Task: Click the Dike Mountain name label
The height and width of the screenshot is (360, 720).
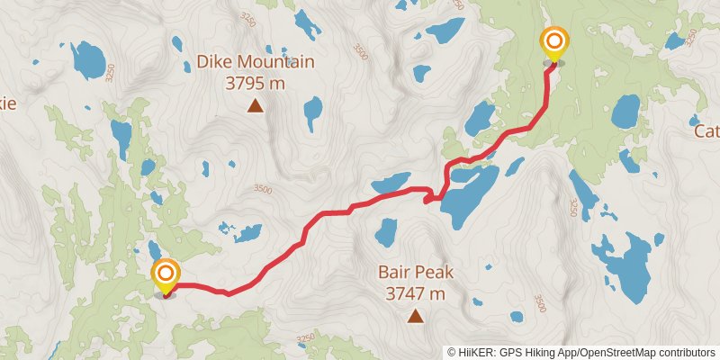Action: pyautogui.click(x=256, y=62)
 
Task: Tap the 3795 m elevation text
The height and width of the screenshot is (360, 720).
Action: pyautogui.click(x=256, y=82)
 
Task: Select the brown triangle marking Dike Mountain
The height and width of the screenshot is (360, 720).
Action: pyautogui.click(x=256, y=107)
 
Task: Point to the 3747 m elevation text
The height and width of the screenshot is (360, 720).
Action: pyautogui.click(x=415, y=292)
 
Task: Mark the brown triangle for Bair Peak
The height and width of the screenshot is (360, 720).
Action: pyautogui.click(x=415, y=315)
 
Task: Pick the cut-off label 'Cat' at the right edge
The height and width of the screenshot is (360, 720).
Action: pyautogui.click(x=706, y=131)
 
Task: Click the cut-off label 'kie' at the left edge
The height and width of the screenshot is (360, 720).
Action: pyautogui.click(x=8, y=103)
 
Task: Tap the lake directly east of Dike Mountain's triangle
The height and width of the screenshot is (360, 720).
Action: pyautogui.click(x=312, y=113)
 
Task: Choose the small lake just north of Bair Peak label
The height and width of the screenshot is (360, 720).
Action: pyautogui.click(x=386, y=233)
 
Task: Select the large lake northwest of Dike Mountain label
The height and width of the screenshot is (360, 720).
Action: pyautogui.click(x=88, y=59)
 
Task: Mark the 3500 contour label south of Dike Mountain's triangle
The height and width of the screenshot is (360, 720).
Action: pyautogui.click(x=262, y=189)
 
